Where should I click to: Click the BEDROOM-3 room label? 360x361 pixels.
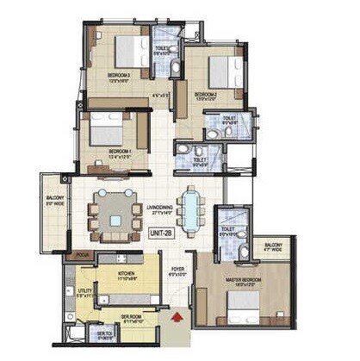pyautogui.click(x=119, y=76)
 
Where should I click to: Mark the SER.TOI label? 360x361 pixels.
pyautogui.click(x=102, y=336)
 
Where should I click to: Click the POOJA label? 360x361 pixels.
pyautogui.click(x=83, y=256)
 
